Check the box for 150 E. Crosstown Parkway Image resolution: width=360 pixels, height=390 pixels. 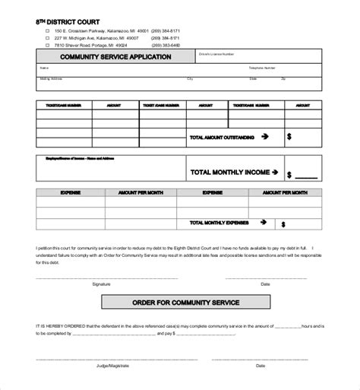click(x=47, y=31)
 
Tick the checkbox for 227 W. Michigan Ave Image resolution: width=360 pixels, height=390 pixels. click(x=47, y=37)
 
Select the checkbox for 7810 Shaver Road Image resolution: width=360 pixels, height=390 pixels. click(x=47, y=44)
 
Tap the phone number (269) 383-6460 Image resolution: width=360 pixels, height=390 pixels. click(x=166, y=44)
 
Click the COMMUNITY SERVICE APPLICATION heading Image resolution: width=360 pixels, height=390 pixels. click(x=103, y=56)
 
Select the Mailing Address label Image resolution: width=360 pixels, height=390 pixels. click(x=50, y=78)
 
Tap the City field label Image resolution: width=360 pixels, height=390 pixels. click(x=190, y=78)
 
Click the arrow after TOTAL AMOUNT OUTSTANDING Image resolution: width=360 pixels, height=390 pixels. click(x=265, y=137)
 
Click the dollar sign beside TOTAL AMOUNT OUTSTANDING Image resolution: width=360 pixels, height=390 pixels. click(x=289, y=138)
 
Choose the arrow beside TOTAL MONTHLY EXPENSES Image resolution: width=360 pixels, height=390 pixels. click(x=263, y=224)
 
